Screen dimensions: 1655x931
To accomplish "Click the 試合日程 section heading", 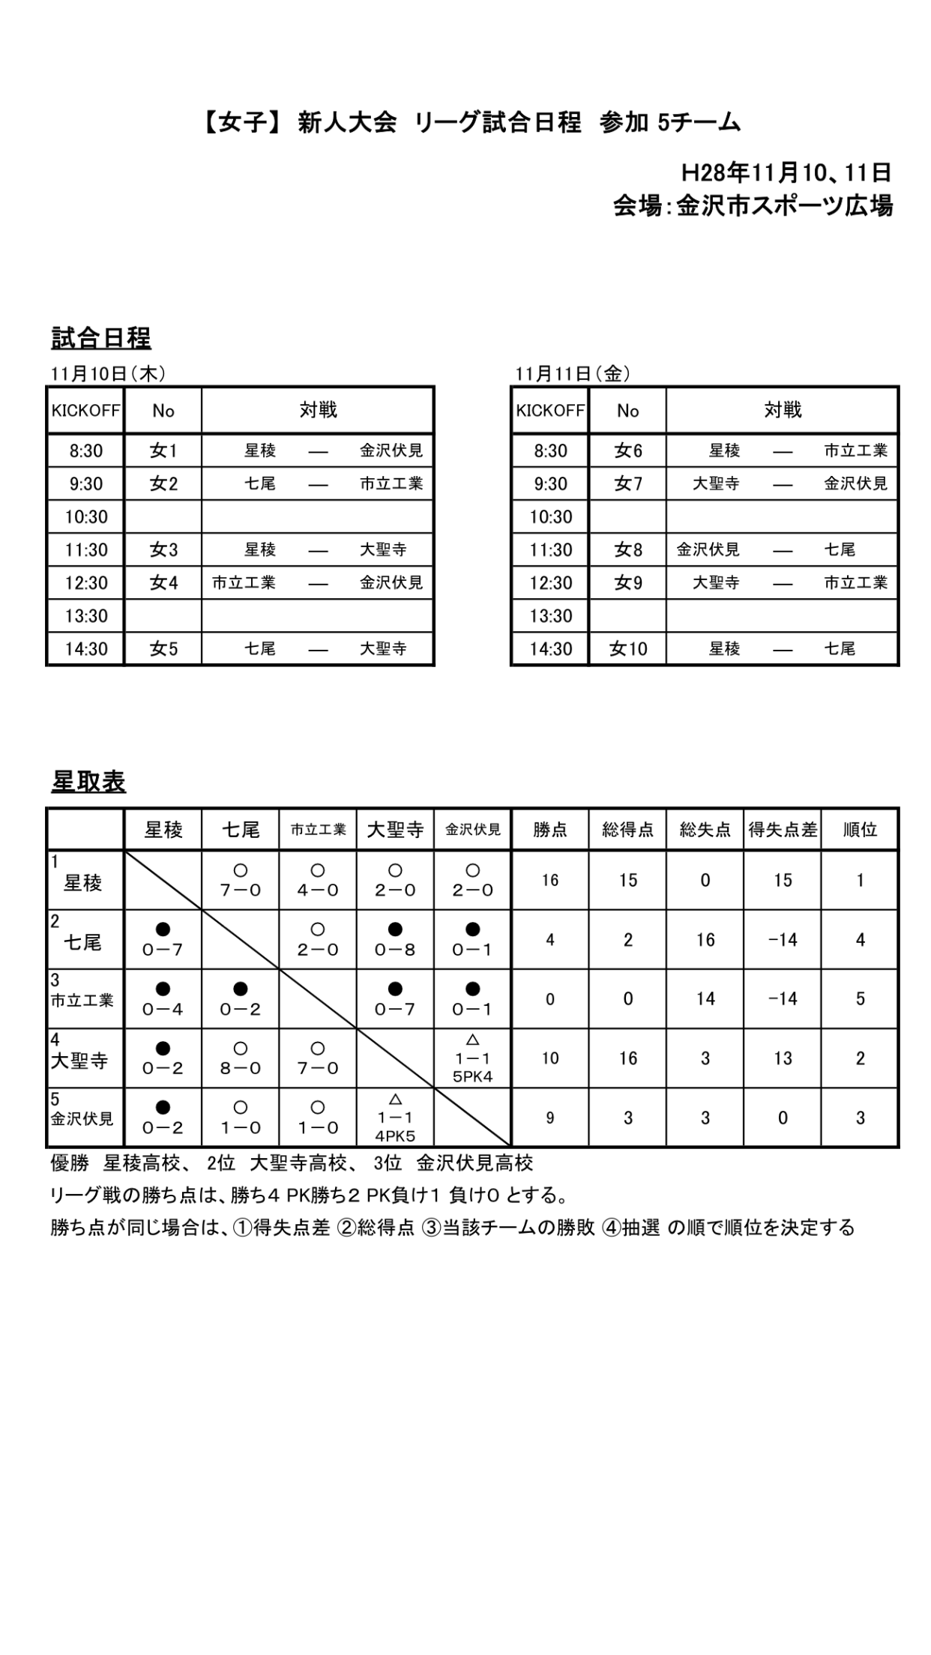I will click(x=101, y=339).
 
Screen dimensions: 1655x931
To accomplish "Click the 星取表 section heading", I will click(x=88, y=782).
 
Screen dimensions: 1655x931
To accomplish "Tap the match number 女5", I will click(x=163, y=648).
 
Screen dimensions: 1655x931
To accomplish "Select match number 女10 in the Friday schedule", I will click(x=627, y=648).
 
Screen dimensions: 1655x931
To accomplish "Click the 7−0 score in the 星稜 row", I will click(x=240, y=890).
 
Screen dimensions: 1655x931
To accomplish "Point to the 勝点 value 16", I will click(x=550, y=880).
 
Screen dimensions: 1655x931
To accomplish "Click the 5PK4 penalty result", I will click(x=472, y=1077).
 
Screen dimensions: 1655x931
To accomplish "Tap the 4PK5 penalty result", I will click(x=395, y=1136).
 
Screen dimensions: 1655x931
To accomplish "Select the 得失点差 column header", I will click(x=783, y=830).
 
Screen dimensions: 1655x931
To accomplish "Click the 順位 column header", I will click(x=860, y=830).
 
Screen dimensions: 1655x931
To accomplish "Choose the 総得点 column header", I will click(x=627, y=830).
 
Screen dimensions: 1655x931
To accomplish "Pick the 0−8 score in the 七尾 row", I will click(x=395, y=950).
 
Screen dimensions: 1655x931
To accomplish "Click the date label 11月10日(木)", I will click(x=108, y=373).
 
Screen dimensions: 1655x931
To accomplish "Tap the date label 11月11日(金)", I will click(x=573, y=373).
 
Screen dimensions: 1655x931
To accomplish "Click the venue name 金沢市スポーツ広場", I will click(x=784, y=205).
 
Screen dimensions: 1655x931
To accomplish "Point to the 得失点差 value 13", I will click(x=783, y=1058).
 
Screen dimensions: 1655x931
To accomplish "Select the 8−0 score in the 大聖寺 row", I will click(x=240, y=1068).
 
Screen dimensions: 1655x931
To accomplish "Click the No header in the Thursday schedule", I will click(x=163, y=411).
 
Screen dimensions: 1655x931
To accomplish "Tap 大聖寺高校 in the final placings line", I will click(x=298, y=1163).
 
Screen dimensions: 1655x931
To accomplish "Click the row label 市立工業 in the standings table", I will click(x=82, y=1000).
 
